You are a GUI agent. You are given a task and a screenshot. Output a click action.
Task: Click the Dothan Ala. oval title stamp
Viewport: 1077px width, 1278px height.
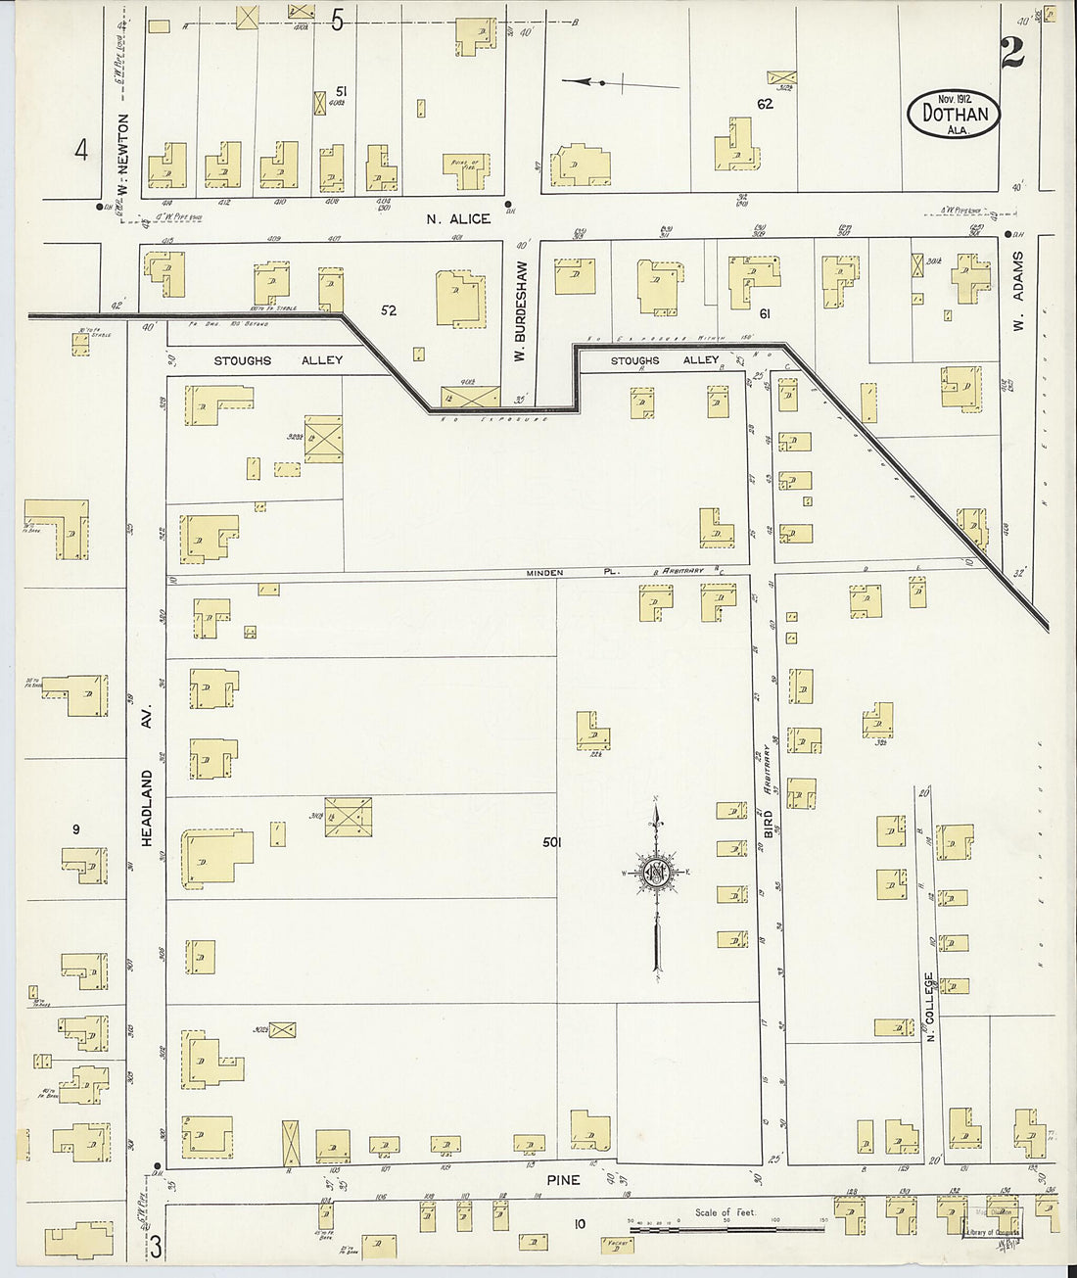955,114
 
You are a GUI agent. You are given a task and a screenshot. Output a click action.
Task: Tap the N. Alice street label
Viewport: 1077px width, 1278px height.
458,218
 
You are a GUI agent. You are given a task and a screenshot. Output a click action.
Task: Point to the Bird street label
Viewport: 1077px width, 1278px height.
769,824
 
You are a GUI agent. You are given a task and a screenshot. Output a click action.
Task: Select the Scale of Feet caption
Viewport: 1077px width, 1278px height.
720,1212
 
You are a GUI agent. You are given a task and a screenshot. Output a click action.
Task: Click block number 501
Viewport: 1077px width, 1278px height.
550,841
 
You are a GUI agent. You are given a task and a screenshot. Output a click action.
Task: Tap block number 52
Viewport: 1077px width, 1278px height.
389,310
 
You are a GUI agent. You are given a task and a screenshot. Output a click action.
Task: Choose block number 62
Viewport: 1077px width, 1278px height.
765,103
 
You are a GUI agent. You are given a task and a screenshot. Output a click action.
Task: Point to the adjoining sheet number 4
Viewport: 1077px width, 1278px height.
81,150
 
